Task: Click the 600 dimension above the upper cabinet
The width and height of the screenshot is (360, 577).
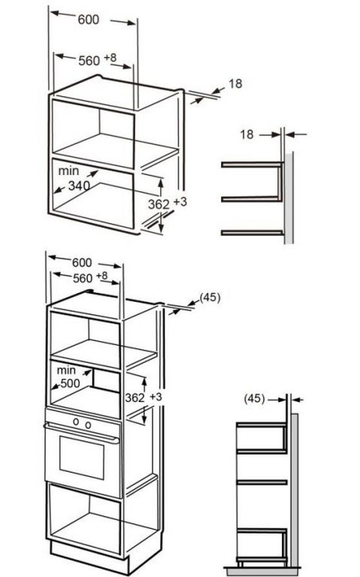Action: pos(89,19)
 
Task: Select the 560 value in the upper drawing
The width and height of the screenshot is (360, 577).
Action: pos(89,60)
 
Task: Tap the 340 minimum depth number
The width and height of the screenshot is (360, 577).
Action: pos(79,186)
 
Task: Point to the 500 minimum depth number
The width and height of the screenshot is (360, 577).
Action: pos(70,383)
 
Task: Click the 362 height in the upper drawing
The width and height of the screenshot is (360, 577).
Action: pos(159,204)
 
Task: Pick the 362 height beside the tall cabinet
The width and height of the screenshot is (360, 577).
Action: pos(135,397)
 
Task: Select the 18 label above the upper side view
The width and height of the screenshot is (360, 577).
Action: pos(247,134)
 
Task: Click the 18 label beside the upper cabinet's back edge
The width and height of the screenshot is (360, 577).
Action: pos(235,84)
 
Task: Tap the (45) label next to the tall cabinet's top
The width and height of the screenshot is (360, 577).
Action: pos(210,298)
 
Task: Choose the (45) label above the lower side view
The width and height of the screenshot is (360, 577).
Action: pos(254,398)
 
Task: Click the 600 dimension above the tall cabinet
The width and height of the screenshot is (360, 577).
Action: pos(82,262)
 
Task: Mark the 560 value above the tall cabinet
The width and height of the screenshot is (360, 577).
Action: pos(83,279)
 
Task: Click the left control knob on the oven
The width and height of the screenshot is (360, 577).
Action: pos(76,421)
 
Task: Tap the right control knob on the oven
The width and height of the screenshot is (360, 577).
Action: pos(88,425)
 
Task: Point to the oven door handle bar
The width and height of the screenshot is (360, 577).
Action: pos(81,433)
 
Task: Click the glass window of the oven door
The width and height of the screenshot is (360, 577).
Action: pos(82,458)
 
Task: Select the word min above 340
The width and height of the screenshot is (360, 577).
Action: pos(68,171)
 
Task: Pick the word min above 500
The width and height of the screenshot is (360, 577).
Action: pos(66,370)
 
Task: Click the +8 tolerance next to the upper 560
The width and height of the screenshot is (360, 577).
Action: pos(110,57)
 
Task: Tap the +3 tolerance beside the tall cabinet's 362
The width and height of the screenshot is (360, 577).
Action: pos(156,397)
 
